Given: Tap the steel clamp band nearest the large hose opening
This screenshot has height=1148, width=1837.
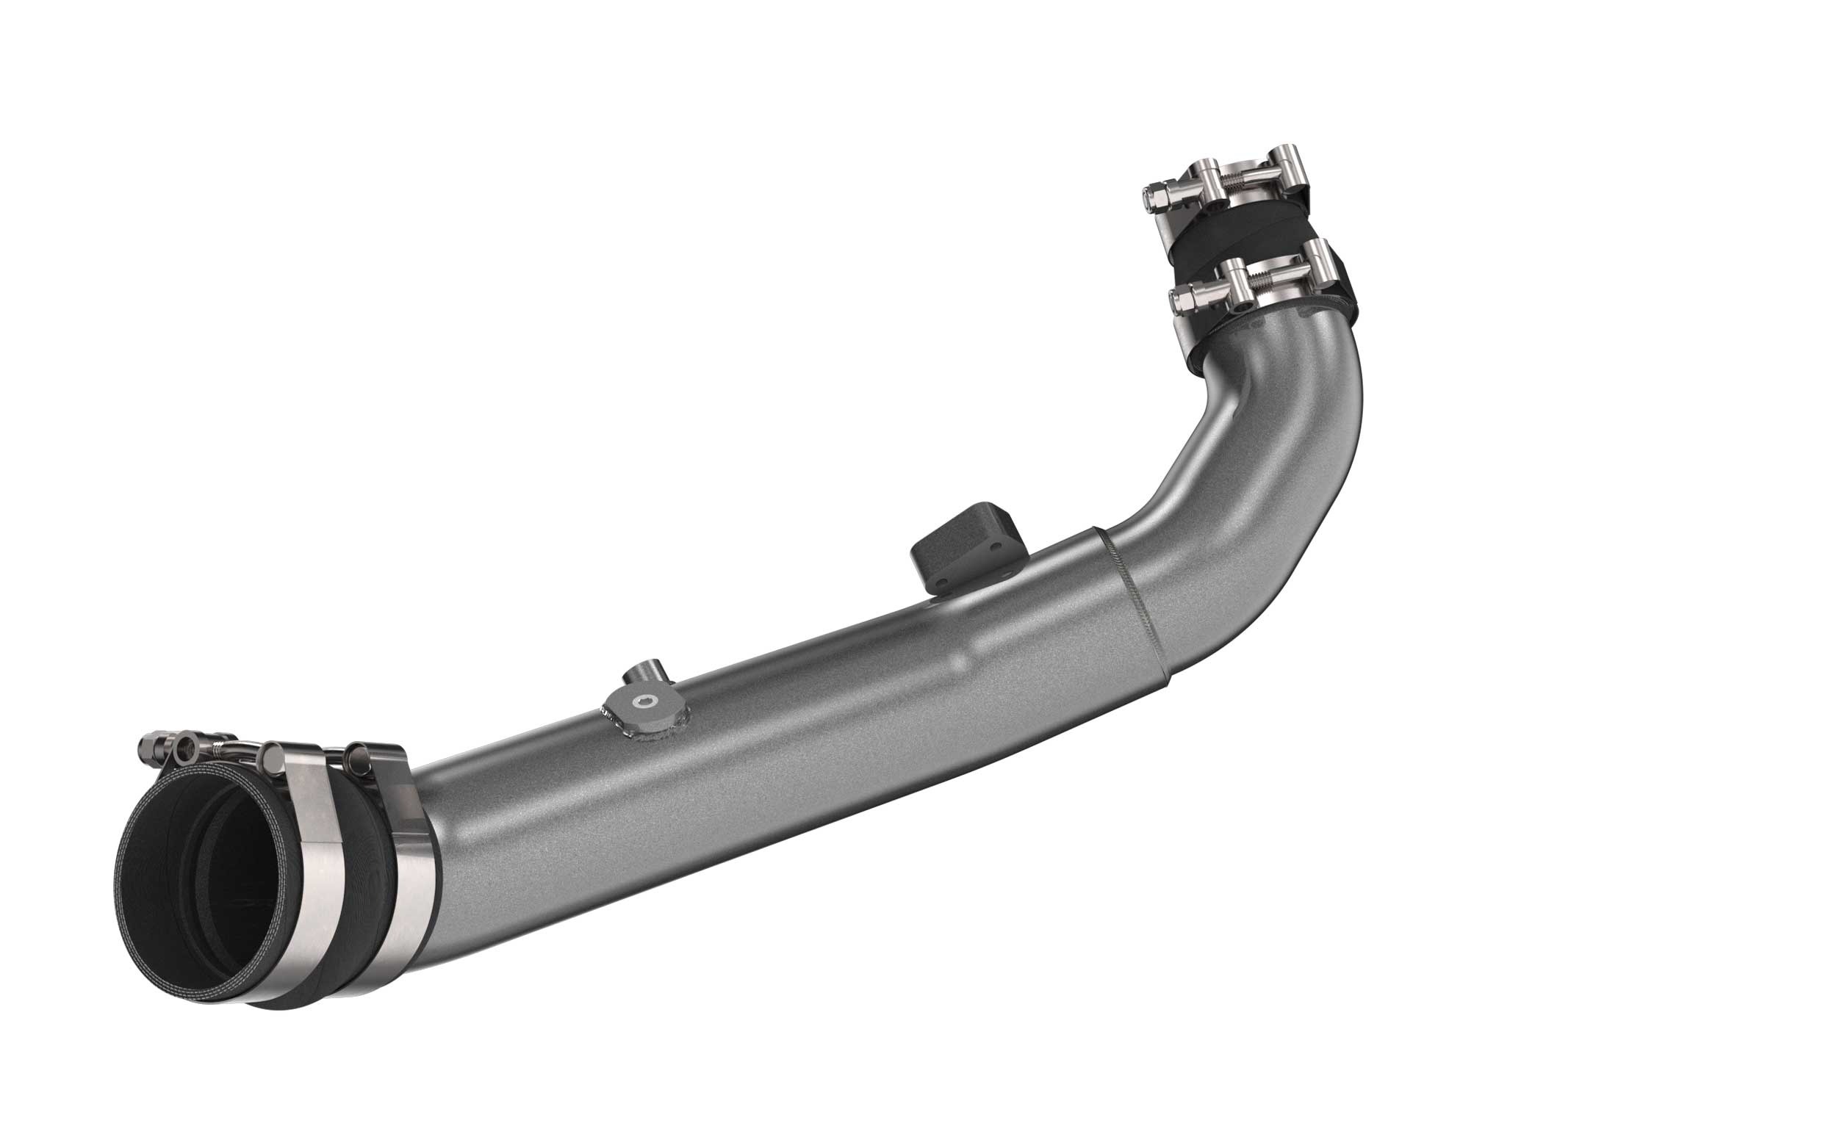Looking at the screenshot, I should click(x=303, y=888).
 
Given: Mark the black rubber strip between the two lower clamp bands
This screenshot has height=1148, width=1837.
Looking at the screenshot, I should click(x=357, y=888).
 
